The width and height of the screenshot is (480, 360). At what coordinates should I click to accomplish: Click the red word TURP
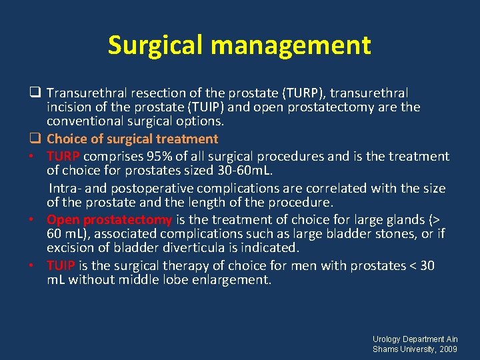[63, 156]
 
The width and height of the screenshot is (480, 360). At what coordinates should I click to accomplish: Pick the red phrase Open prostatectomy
[109, 219]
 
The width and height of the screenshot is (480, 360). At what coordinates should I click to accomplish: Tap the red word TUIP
[61, 265]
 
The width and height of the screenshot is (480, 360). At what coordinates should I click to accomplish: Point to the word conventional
[86, 121]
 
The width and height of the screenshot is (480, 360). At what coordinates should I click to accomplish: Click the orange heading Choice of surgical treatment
[132, 139]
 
